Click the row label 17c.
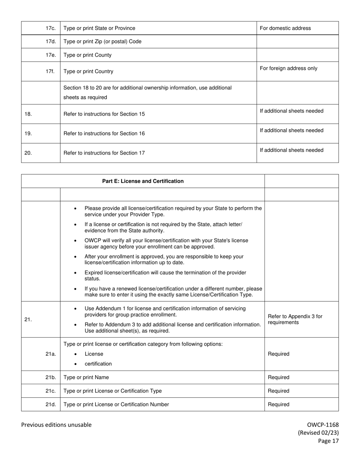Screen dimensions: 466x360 pos(50,28)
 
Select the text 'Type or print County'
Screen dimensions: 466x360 pos(88,55)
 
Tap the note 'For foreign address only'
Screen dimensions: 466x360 pos(288,68)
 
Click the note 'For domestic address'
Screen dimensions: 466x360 pos(285,28)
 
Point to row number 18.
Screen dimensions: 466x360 pos(28,114)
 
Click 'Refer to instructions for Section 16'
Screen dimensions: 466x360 pos(104,133)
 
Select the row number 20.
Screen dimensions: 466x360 pos(28,153)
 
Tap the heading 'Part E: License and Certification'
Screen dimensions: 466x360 pos(143,181)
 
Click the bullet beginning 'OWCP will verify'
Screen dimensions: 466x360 pos(166,243)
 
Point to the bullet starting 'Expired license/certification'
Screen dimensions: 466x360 pos(165,275)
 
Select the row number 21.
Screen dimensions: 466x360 pos(28,319)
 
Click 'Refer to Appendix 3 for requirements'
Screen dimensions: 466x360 pos(295,319)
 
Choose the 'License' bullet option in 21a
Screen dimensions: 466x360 pos(94,354)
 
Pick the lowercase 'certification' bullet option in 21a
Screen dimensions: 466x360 pos(98,364)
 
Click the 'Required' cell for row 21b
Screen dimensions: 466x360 pos(279,377)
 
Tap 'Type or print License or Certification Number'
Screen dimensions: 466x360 pos(116,404)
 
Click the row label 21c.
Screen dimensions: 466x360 pos(50,391)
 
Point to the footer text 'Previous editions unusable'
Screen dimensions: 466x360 pos(56,425)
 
